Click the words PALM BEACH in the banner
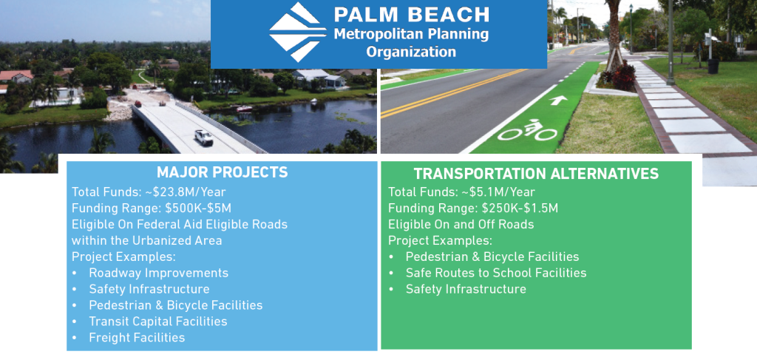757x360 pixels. (411, 15)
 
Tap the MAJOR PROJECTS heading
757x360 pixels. (223, 173)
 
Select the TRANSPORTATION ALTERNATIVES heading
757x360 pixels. (536, 174)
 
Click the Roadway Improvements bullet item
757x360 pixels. (158, 273)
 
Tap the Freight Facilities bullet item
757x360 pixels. (137, 338)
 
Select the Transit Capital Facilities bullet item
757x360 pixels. (157, 322)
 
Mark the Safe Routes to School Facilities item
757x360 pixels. (495, 273)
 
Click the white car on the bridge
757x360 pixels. (203, 137)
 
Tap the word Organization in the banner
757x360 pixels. (411, 52)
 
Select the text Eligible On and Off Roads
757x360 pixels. (461, 224)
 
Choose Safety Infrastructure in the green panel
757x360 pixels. (466, 289)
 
